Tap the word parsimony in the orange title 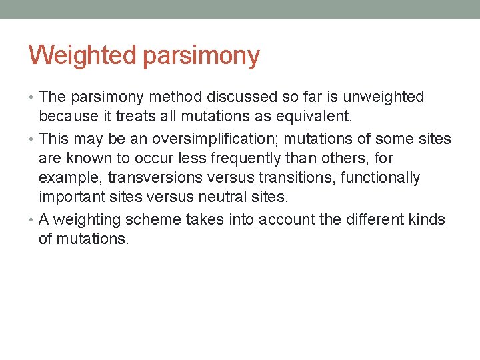(200, 57)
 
